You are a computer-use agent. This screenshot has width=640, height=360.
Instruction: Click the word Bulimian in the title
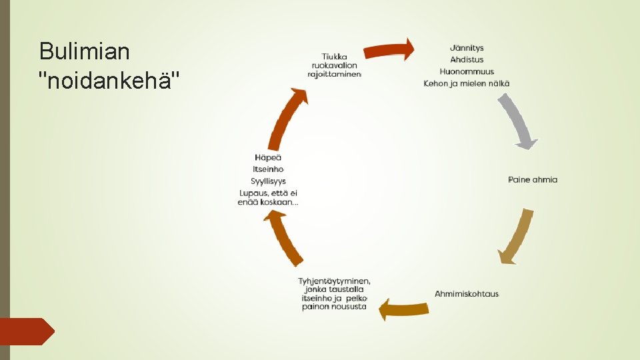tap(85, 51)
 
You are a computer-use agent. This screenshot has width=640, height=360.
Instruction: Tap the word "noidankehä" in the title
tap(109, 81)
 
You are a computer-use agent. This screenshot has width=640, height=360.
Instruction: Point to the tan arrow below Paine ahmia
tap(517, 237)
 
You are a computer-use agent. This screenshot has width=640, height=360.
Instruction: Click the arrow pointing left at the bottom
tap(404, 309)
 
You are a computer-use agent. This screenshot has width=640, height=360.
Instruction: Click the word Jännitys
tap(467, 48)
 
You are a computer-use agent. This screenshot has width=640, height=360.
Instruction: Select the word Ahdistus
tap(467, 60)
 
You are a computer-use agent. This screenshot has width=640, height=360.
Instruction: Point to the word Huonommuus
tap(467, 71)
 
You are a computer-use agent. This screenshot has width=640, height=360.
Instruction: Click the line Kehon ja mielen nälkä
tap(467, 83)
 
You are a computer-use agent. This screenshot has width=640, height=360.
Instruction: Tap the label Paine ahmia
tap(533, 179)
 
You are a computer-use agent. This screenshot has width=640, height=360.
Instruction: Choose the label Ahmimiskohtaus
tap(467, 294)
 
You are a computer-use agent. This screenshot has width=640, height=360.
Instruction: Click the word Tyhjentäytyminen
tap(334, 281)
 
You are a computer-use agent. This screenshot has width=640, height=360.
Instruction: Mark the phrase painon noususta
tap(334, 307)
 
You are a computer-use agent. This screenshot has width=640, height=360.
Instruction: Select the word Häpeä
tap(268, 157)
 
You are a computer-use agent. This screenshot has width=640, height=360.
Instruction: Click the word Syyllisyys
tap(268, 181)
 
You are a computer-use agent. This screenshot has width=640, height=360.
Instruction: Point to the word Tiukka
tap(334, 56)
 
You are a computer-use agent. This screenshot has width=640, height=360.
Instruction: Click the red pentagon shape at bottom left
tap(27, 331)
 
